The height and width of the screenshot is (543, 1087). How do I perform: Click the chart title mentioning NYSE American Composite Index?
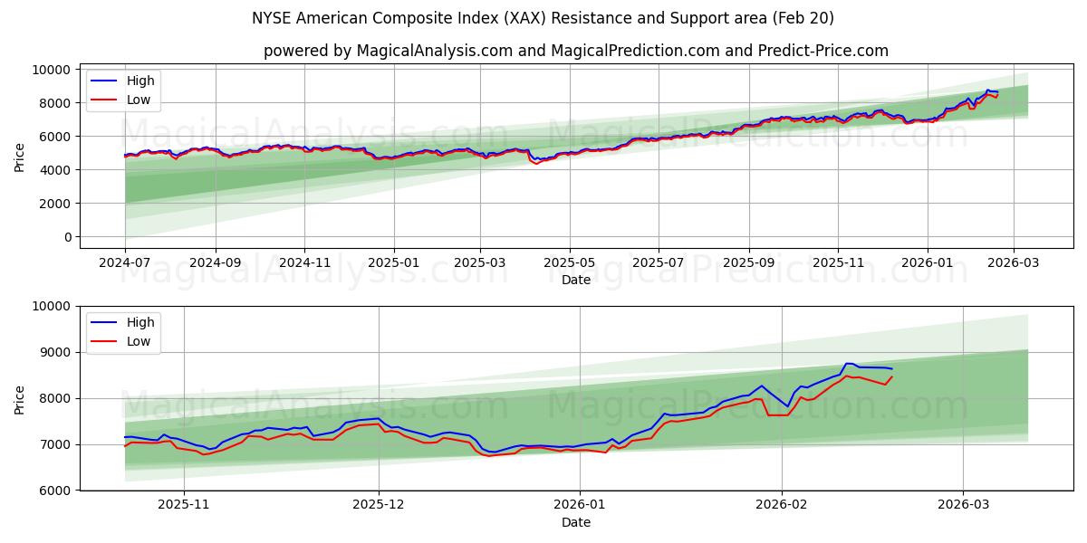coord(543,18)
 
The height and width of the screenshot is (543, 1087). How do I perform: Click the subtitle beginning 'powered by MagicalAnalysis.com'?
coord(575,51)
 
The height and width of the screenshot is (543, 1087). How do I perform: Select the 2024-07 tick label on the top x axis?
coord(125,262)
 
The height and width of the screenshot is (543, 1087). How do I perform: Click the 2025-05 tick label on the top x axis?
coord(569,262)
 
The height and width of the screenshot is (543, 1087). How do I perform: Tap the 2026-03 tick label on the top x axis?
coord(1013,262)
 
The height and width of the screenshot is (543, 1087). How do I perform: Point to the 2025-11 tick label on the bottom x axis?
coord(183,504)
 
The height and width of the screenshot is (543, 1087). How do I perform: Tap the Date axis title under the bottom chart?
coord(575,522)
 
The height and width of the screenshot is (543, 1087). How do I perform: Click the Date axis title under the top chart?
coord(575,280)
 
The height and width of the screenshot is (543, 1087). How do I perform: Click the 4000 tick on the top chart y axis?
coord(56,170)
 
